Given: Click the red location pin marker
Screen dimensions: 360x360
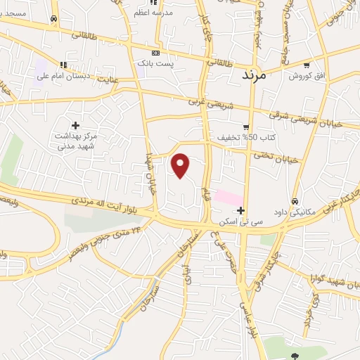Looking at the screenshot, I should (181, 165).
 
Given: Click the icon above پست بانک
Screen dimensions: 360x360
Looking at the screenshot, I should (155, 53).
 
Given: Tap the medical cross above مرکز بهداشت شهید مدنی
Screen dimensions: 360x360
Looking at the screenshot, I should (75, 125).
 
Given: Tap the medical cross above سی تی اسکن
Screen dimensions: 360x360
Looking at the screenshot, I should (241, 210).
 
